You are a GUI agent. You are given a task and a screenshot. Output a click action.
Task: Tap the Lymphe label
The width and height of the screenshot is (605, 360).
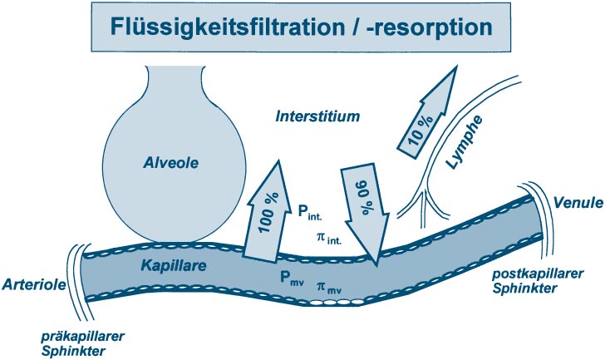pos(468,141)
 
